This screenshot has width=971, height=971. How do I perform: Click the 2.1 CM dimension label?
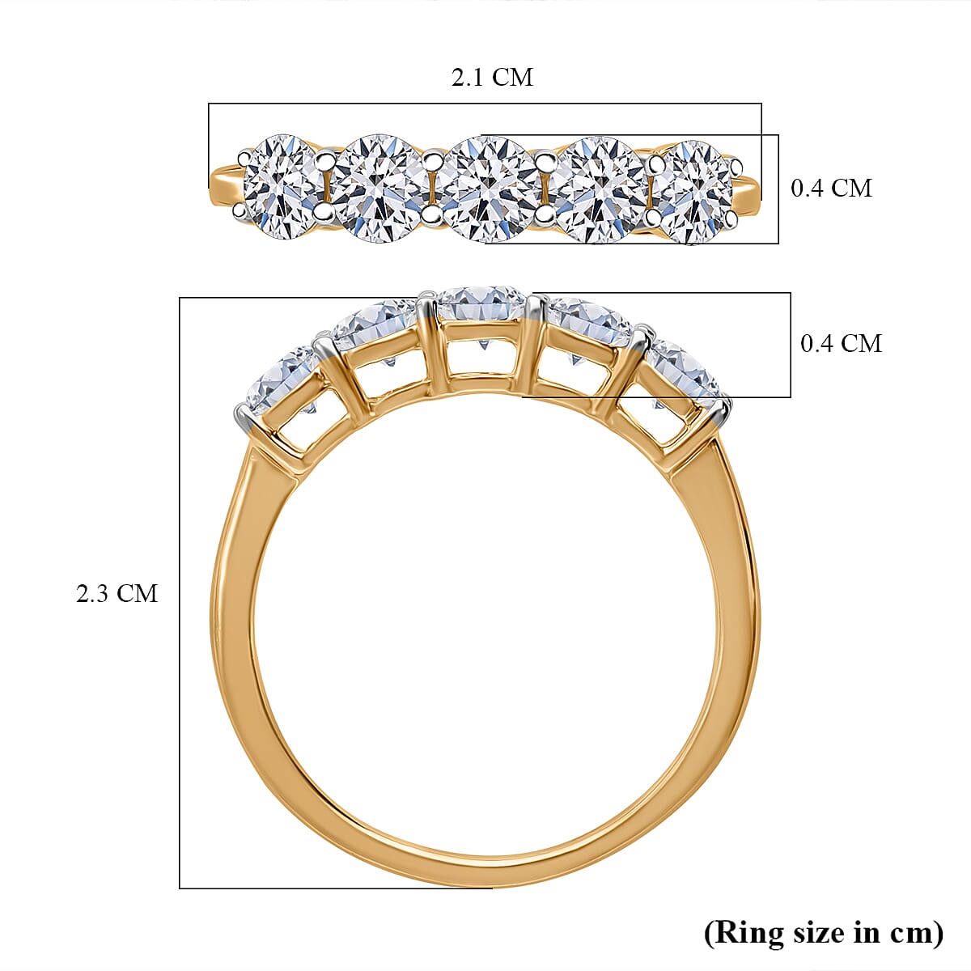[492, 78]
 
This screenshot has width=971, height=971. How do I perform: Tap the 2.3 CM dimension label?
[117, 594]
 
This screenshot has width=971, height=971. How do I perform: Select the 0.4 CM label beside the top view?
[831, 188]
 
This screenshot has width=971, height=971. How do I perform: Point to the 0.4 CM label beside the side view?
[841, 343]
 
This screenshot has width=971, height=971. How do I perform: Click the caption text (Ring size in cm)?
[824, 932]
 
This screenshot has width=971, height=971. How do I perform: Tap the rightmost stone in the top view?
[695, 191]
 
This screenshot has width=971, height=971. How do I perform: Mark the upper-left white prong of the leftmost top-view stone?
[244, 155]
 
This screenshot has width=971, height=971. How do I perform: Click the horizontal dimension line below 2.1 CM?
[485, 104]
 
